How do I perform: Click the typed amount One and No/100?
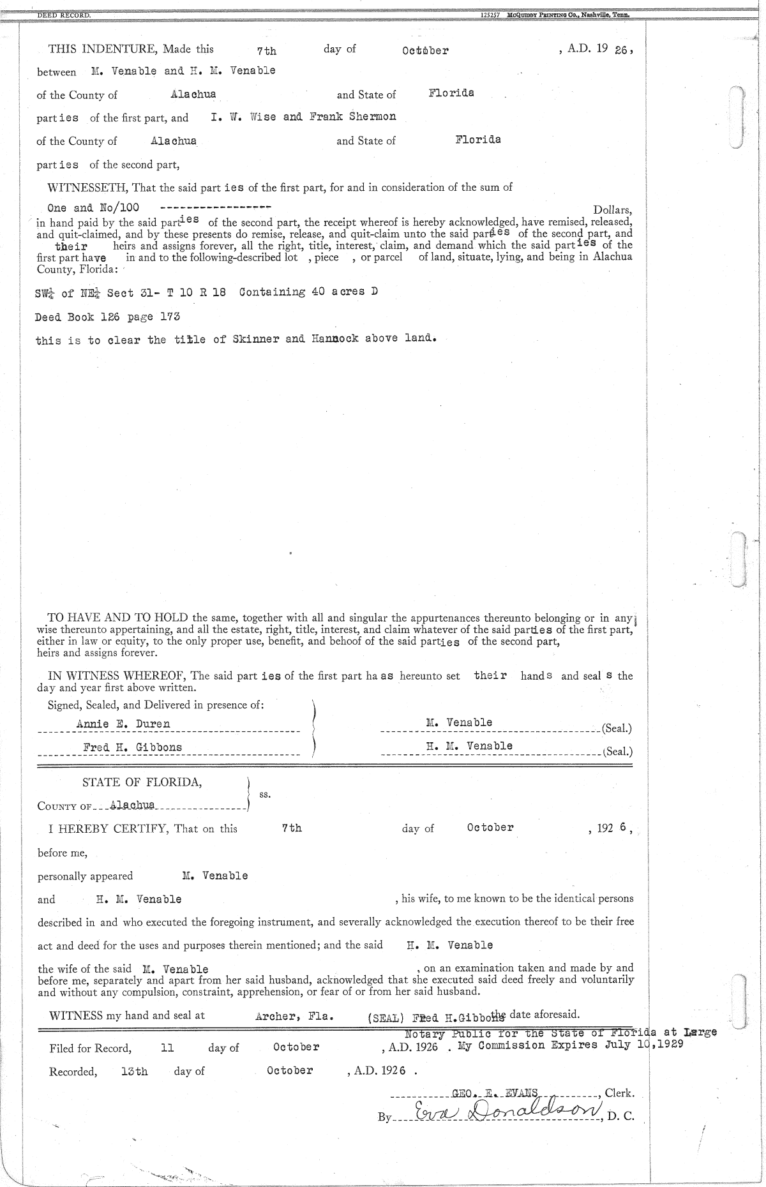[x=93, y=208]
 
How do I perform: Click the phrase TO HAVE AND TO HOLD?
[x=119, y=618]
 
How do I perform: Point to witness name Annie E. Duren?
[x=123, y=724]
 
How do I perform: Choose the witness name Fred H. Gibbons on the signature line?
[x=132, y=747]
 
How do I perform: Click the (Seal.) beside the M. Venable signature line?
[x=617, y=729]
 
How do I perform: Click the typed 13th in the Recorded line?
[x=134, y=1071]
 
